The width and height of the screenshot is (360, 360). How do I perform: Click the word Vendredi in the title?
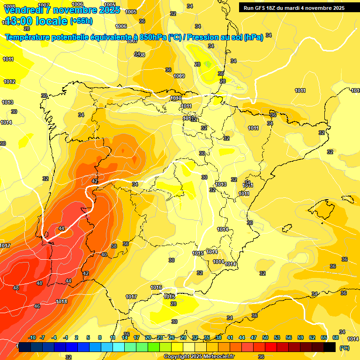click(x=23, y=10)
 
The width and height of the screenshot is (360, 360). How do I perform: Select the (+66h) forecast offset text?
click(x=81, y=21)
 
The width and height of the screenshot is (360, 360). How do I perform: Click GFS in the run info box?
click(x=262, y=7)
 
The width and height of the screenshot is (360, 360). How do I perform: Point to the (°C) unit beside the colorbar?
click(x=345, y=348)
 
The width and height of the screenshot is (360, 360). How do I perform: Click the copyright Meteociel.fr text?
click(x=199, y=356)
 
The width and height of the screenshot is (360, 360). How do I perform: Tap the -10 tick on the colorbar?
click(x=32, y=337)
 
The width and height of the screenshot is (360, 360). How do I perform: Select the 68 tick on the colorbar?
click(x=336, y=337)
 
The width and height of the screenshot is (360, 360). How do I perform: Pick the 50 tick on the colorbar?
click(x=265, y=337)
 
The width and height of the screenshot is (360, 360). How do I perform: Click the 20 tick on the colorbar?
click(x=148, y=337)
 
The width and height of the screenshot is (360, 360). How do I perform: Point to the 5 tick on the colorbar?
click(x=89, y=337)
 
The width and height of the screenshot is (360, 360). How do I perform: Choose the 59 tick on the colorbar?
click(x=300, y=337)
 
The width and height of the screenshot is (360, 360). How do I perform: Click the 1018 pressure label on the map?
click(x=61, y=301)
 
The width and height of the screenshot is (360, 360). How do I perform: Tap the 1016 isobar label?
click(x=156, y=287)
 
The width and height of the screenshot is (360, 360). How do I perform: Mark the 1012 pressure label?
click(x=9, y=82)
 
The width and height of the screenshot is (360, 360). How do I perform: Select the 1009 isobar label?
click(x=179, y=76)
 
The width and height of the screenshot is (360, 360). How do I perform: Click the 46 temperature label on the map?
click(x=37, y=306)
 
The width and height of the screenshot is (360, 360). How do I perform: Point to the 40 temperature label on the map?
click(x=104, y=255)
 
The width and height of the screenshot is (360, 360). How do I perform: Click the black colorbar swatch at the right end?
click(x=330, y=347)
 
